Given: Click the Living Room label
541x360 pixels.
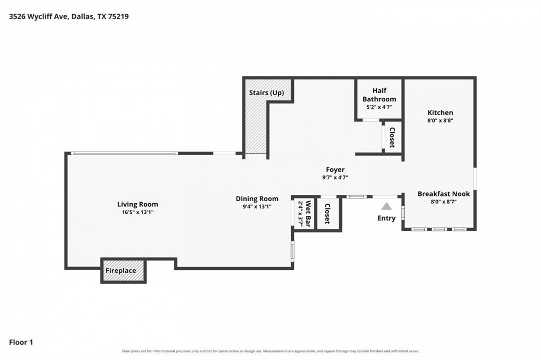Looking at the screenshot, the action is pyautogui.click(x=138, y=204).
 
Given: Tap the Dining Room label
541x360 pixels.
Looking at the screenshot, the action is pyautogui.click(x=257, y=198).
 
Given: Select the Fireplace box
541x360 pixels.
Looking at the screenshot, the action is pyautogui.click(x=124, y=271).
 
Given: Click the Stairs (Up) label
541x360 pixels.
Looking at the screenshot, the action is pyautogui.click(x=267, y=93).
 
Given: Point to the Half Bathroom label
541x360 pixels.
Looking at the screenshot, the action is pyautogui.click(x=379, y=95).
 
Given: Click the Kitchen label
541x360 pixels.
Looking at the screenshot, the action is pyautogui.click(x=440, y=112).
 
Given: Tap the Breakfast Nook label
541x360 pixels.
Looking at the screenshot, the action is pyautogui.click(x=444, y=194).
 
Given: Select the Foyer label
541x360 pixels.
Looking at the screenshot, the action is pyautogui.click(x=335, y=169).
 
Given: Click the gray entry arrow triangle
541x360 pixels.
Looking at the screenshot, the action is pyautogui.click(x=386, y=206).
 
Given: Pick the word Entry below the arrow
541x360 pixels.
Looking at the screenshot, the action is pyautogui.click(x=386, y=218).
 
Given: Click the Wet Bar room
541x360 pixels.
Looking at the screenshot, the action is pyautogui.click(x=303, y=213).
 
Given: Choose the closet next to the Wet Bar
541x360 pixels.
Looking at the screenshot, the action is pyautogui.click(x=328, y=213).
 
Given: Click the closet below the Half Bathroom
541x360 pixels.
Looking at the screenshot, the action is pyautogui.click(x=393, y=137).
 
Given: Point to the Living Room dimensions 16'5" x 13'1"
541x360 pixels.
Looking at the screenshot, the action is pyautogui.click(x=138, y=212).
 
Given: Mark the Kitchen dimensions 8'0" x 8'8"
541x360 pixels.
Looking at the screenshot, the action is pyautogui.click(x=440, y=121).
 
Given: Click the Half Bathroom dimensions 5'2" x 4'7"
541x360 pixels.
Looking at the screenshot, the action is pyautogui.click(x=379, y=107).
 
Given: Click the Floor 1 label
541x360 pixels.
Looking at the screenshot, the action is pyautogui.click(x=21, y=343).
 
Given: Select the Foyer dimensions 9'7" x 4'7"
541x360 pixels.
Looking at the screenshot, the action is pyautogui.click(x=335, y=177).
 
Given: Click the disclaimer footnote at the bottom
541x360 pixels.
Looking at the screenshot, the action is pyautogui.click(x=270, y=351).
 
